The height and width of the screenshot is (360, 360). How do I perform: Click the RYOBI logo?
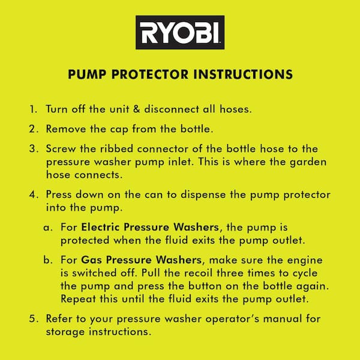(179, 32)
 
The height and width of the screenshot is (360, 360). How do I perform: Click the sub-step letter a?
(47, 229)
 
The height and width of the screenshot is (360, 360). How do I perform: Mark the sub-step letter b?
(47, 261)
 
